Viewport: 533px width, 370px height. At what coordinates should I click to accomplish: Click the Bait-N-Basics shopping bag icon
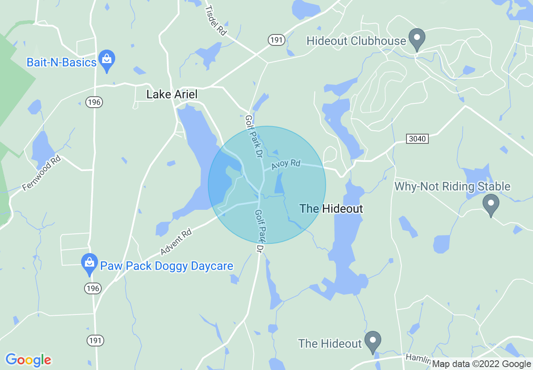[107, 59]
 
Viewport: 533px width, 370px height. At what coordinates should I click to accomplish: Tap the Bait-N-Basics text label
[61, 62]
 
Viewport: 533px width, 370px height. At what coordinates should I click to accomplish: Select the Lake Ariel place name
[172, 95]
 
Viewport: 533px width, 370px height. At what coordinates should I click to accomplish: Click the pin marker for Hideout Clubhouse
[417, 37]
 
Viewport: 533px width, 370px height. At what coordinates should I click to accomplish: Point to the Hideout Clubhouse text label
[356, 41]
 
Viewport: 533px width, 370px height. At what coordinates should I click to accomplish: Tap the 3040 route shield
[417, 138]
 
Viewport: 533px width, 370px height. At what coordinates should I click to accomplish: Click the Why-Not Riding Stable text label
[452, 186]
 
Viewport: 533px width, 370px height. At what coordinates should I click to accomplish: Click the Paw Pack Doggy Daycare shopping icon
[89, 263]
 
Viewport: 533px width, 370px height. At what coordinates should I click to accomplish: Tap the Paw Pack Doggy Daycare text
[166, 266]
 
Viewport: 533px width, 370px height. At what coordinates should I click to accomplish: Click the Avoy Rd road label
[286, 164]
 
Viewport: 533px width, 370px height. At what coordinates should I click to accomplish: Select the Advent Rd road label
[176, 242]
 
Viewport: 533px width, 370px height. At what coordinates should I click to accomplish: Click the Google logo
[29, 360]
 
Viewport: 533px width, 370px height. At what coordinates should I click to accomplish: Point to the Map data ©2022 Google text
[481, 364]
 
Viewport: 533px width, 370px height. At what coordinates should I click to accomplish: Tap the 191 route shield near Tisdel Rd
[277, 40]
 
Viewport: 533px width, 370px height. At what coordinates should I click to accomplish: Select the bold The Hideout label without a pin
[331, 209]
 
